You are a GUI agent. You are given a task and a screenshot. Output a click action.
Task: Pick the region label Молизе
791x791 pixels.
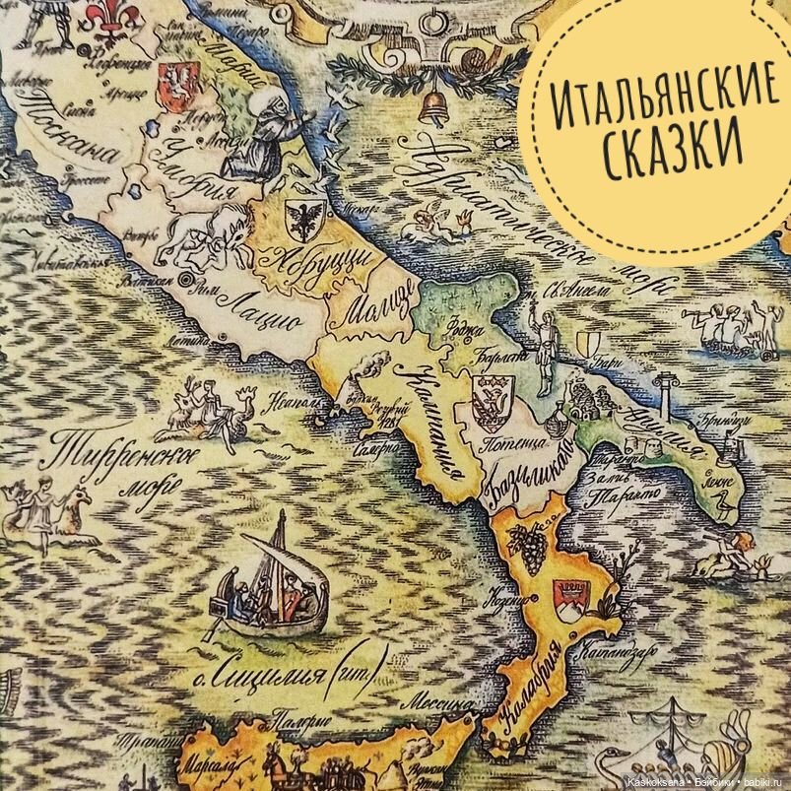(373, 300)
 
